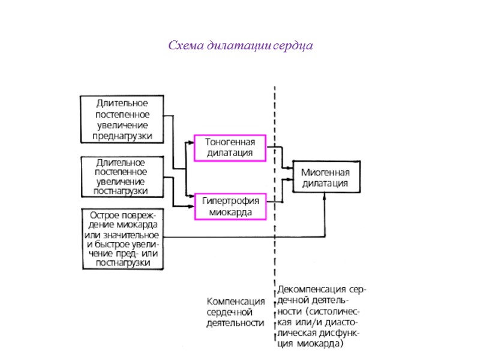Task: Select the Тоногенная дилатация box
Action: point(230,148)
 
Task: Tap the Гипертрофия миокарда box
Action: point(230,206)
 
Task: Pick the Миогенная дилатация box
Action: point(326,178)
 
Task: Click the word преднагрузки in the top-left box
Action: point(122,136)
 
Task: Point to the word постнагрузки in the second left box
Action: point(122,191)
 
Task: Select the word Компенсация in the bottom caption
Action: point(236,301)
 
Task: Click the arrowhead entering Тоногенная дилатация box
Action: point(192,142)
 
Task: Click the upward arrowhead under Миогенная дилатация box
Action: point(325,196)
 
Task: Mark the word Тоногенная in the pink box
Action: point(230,142)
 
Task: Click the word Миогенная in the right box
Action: point(326,172)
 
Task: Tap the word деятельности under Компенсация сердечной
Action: point(235,323)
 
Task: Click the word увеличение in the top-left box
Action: point(122,125)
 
